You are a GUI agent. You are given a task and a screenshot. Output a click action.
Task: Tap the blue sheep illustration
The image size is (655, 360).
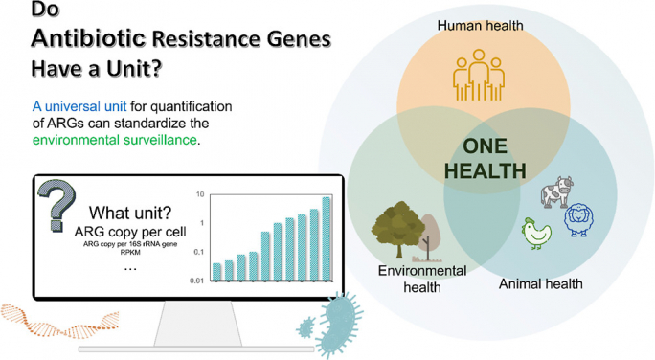click(578, 220)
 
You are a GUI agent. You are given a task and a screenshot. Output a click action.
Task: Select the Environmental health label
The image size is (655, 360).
click(421, 279)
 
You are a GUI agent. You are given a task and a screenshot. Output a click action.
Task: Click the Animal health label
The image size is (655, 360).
click(541, 283)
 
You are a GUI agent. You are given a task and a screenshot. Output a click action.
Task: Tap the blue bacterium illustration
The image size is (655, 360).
click(329, 321)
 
